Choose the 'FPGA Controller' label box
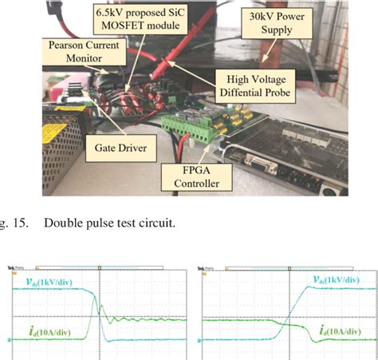tap(192, 177)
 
